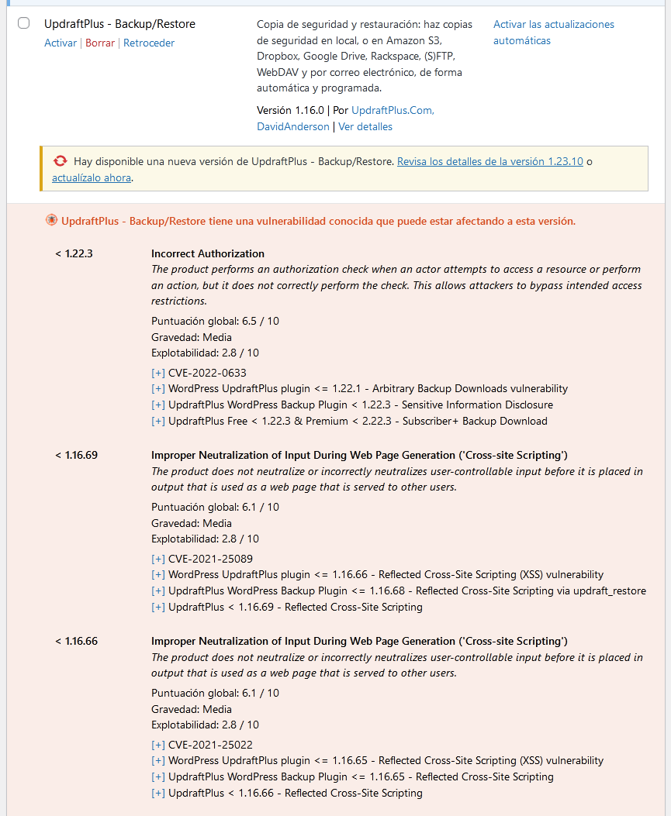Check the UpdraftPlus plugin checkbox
click(24, 23)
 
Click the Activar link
click(61, 43)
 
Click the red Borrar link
click(100, 43)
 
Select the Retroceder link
click(149, 43)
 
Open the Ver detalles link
click(365, 126)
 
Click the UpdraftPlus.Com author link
click(393, 110)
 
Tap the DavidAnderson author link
click(293, 126)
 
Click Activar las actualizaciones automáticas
click(553, 33)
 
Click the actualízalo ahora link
click(92, 177)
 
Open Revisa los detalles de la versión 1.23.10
click(489, 161)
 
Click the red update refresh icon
click(61, 161)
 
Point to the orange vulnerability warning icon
click(51, 221)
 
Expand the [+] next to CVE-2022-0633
click(158, 373)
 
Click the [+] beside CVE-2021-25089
click(158, 559)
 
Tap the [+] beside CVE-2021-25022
click(158, 745)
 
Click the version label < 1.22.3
click(74, 253)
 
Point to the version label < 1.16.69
click(76, 455)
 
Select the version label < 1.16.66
click(76, 641)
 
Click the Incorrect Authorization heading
click(208, 253)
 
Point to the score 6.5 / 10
click(261, 321)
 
